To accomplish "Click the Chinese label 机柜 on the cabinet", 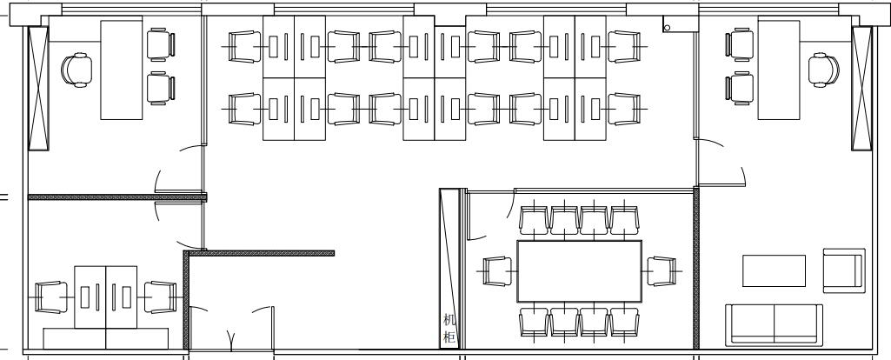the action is click(449, 329).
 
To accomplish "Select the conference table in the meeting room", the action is click(579, 271).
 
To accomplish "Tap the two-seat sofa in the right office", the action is click(774, 324).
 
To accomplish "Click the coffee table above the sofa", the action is click(774, 270).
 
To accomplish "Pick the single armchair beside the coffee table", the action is click(844, 270).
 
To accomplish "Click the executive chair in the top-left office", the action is click(76, 70).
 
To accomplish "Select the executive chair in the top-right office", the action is click(824, 70).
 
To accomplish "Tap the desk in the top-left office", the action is click(121, 70).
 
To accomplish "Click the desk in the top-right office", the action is click(779, 70).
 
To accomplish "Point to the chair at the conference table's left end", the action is click(498, 271).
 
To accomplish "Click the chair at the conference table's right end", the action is click(662, 271).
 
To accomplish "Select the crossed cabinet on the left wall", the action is click(38, 88).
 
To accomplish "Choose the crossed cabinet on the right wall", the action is click(861, 88).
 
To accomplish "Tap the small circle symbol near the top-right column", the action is click(667, 27).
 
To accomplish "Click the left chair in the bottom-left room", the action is click(51, 297).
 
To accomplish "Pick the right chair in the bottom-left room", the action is click(160, 297).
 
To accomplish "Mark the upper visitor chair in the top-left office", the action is click(161, 44).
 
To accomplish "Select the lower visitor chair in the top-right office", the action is click(739, 88).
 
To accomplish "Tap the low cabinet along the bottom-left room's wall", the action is click(106, 338).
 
